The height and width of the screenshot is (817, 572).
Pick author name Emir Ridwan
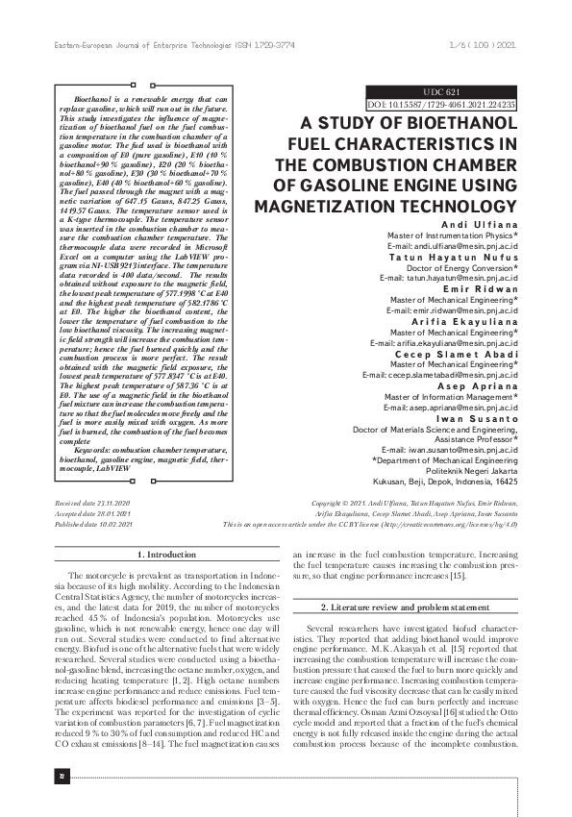tap(481, 287)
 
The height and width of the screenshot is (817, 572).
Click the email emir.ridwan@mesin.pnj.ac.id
tap(452, 310)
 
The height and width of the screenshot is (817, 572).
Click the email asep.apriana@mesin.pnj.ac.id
tap(452, 408)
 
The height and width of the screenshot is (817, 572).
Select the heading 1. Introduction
tap(167, 556)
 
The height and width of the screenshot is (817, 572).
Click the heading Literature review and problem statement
tap(404, 609)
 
